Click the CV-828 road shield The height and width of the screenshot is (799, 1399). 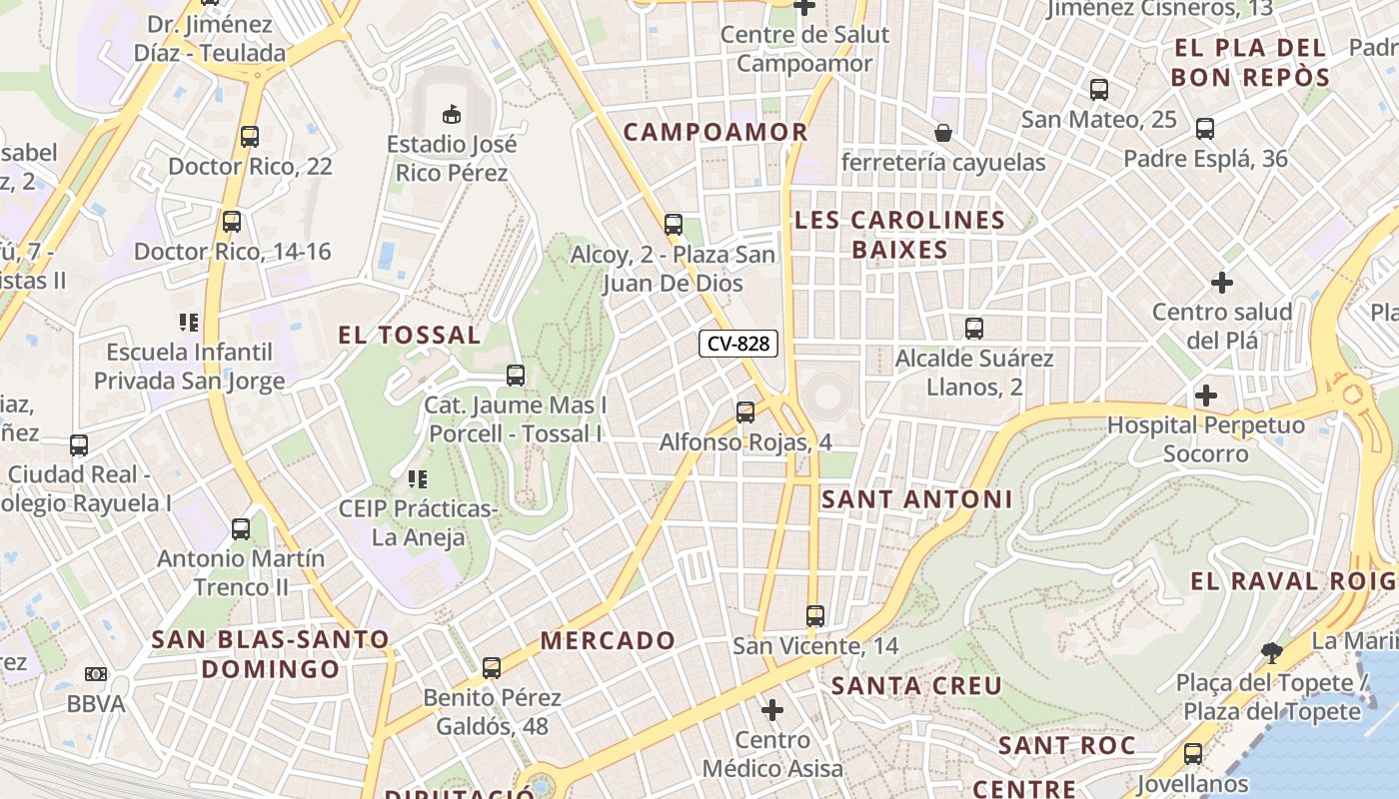[738, 344]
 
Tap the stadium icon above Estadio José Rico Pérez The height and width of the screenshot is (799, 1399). [452, 114]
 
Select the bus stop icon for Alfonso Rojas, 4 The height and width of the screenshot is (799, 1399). [744, 411]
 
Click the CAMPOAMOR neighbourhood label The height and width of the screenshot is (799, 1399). [715, 132]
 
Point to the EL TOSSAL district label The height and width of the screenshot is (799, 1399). [410, 335]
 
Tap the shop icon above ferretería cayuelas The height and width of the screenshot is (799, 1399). [942, 133]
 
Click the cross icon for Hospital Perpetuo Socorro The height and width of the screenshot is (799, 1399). [1206, 396]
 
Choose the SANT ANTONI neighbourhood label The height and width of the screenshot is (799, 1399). [916, 499]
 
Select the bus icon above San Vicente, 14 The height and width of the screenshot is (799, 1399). [815, 616]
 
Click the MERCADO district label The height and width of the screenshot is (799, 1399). [609, 640]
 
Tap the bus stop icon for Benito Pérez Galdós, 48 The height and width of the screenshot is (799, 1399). [492, 668]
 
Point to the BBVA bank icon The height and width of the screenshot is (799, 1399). [95, 674]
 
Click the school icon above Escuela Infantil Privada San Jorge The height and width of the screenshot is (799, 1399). [189, 322]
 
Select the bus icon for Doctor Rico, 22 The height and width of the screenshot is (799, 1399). [249, 136]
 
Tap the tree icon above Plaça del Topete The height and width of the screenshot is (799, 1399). [1272, 653]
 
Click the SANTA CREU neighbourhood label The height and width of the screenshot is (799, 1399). [916, 686]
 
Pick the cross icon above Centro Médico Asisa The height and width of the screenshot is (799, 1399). [771, 710]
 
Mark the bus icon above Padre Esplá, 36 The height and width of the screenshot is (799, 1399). [1205, 129]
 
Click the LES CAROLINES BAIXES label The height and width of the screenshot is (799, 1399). [899, 235]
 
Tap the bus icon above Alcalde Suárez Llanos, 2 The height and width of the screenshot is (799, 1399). [974, 328]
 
